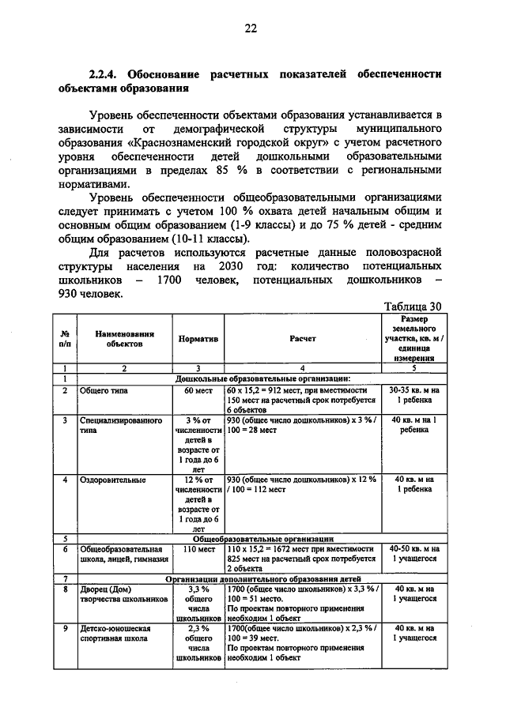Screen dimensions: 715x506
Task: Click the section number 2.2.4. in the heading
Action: point(103,73)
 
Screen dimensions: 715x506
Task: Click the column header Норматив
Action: point(198,338)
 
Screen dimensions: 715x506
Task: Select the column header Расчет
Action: point(302,338)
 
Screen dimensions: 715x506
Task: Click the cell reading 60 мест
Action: point(198,390)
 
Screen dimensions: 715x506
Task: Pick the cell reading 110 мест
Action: point(198,548)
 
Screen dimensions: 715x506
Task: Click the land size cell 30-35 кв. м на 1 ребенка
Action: point(414,395)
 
